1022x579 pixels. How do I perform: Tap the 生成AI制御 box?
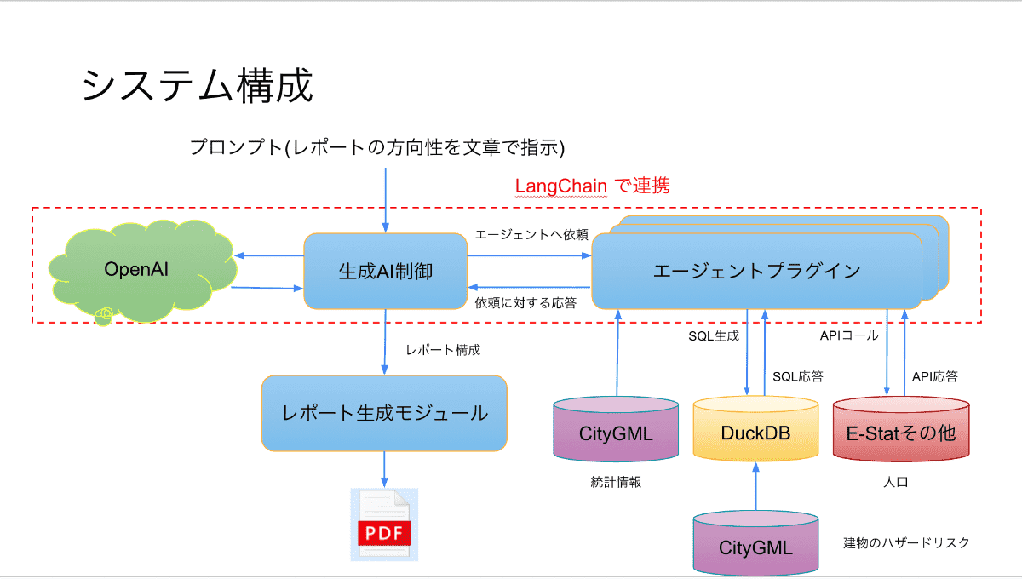385,271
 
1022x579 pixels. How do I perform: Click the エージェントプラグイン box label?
756,271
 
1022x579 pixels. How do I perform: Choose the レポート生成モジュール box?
384,413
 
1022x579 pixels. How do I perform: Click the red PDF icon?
384,525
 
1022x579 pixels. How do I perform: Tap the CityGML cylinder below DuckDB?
755,545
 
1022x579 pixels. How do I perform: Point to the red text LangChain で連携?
593,186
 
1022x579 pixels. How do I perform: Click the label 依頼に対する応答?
525,301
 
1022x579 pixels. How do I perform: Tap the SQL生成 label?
713,335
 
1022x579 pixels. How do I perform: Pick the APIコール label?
847,335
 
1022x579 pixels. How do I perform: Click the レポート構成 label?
443,350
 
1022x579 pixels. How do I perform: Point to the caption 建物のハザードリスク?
907,542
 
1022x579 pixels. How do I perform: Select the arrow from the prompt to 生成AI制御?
386,200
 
